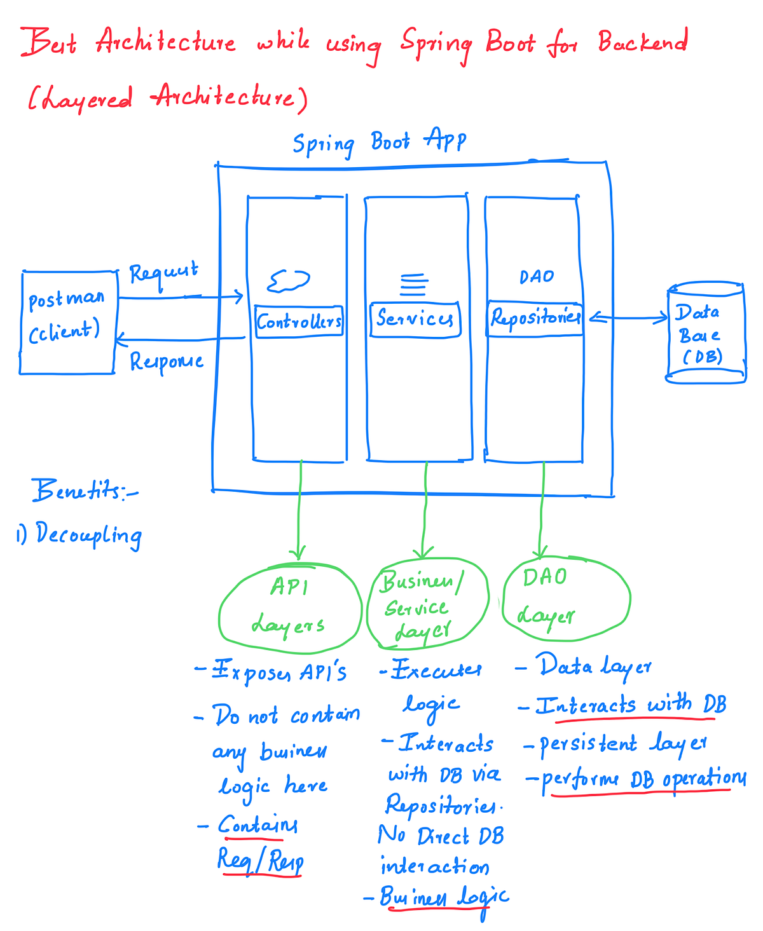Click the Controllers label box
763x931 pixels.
click(299, 322)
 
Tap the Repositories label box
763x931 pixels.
click(535, 317)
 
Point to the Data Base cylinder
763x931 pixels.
click(705, 334)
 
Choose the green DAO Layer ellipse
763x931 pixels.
click(565, 597)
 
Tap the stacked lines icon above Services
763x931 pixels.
click(413, 285)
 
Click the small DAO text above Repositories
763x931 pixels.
click(537, 277)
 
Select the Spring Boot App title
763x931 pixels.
click(380, 141)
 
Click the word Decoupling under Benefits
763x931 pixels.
click(88, 535)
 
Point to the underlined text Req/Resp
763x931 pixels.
click(260, 860)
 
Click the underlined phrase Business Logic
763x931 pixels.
click(444, 897)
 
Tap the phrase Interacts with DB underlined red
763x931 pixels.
click(630, 705)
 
